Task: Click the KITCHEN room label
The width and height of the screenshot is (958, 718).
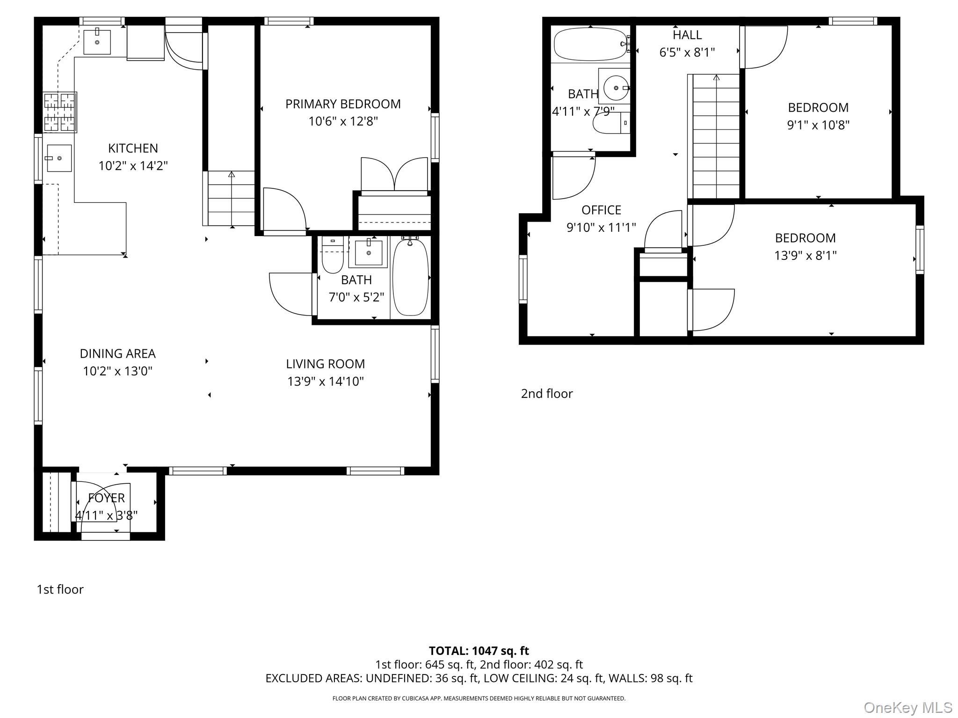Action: [133, 148]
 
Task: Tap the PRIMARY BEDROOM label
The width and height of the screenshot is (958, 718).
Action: [343, 104]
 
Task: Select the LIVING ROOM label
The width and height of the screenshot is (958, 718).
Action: [326, 364]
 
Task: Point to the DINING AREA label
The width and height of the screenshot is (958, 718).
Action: [117, 353]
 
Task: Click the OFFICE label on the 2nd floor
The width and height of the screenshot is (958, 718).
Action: [601, 210]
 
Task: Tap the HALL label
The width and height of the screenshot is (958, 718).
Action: [687, 35]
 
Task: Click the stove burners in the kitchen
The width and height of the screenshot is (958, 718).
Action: [60, 112]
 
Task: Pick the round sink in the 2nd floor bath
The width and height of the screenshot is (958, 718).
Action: [616, 87]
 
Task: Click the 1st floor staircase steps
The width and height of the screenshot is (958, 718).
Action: [231, 199]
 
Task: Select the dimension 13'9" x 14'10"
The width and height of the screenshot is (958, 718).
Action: [326, 381]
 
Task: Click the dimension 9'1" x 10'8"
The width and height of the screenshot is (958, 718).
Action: [818, 125]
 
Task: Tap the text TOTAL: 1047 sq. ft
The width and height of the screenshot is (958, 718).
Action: [479, 651]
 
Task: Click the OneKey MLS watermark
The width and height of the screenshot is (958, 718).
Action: [908, 708]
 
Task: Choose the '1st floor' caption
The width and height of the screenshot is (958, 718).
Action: [60, 589]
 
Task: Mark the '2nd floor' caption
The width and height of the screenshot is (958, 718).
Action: [547, 394]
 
